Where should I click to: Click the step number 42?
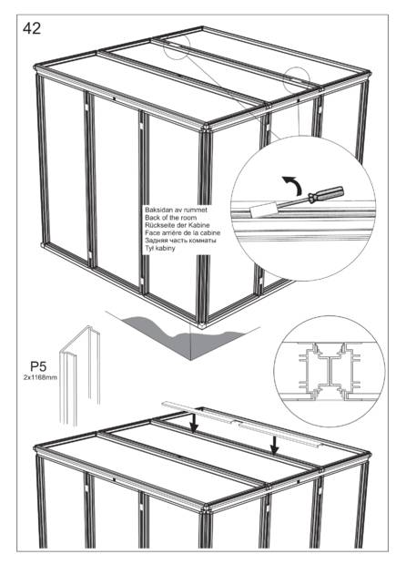pyautogui.click(x=32, y=28)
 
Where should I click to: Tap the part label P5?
pyautogui.click(x=38, y=366)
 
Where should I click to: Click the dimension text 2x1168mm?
pyautogui.click(x=40, y=377)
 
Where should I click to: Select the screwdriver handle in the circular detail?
pyautogui.click(x=326, y=194)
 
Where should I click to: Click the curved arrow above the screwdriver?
pyautogui.click(x=293, y=184)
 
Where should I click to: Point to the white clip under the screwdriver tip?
pyautogui.click(x=262, y=210)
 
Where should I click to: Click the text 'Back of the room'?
pyautogui.click(x=171, y=218)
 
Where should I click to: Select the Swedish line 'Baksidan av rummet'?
pyautogui.click(x=177, y=210)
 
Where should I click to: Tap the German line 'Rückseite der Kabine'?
pyautogui.click(x=178, y=225)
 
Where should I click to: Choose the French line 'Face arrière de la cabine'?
pyautogui.click(x=182, y=233)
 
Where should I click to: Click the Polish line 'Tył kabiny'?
pyautogui.click(x=160, y=248)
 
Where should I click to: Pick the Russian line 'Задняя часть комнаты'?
pyautogui.click(x=180, y=241)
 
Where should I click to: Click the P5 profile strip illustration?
pyautogui.click(x=81, y=374)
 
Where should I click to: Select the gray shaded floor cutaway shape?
pyautogui.click(x=183, y=335)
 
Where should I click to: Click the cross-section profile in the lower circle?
pyautogui.click(x=330, y=372)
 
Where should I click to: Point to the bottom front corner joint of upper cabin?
pyautogui.click(x=202, y=325)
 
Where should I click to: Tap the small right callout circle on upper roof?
pyautogui.click(x=297, y=80)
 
